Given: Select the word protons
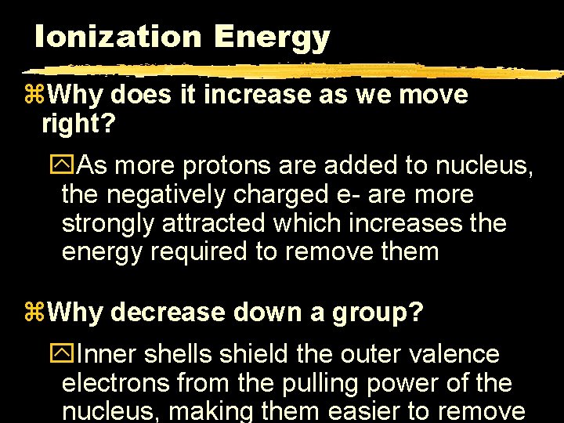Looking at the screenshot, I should point(214,166).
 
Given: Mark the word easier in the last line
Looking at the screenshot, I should point(367,411).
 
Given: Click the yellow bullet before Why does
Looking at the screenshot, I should point(37,96).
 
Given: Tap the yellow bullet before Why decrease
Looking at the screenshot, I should point(37,313).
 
